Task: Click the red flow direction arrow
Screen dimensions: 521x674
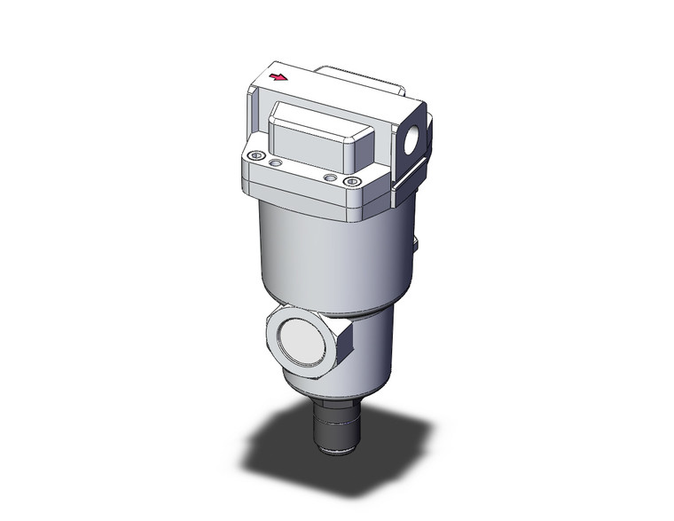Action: coord(278,78)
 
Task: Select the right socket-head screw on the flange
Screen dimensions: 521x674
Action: coord(354,184)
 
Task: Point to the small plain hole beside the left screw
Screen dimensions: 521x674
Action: coord(276,163)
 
